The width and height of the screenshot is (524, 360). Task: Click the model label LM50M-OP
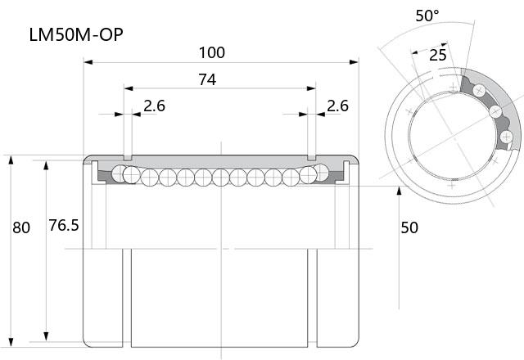coord(76,34)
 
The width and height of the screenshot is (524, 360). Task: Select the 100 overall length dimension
coord(212,52)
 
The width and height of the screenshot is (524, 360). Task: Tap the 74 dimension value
coord(207,80)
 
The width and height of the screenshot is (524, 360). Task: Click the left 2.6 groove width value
coord(155,106)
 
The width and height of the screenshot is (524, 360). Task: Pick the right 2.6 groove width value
coord(337,106)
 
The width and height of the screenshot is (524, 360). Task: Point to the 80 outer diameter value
coord(21,227)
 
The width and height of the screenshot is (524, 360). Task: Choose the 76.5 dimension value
coord(64,226)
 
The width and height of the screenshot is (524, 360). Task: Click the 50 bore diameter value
coord(409,227)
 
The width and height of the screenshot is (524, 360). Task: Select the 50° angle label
coord(427,16)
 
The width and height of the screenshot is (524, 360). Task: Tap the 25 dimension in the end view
coord(438,55)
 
